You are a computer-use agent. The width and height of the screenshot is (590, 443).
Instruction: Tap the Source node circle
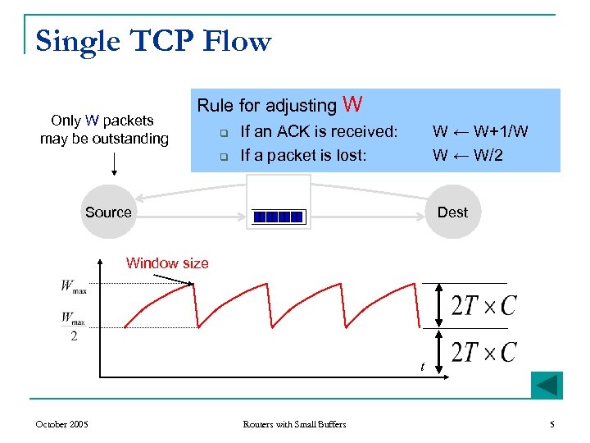[x=108, y=212]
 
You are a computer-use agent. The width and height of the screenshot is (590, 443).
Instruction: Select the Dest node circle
[x=452, y=212]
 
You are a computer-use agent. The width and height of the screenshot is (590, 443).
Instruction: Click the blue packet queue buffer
[x=279, y=217]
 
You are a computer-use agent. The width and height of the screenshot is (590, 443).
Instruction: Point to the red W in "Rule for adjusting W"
[x=352, y=104]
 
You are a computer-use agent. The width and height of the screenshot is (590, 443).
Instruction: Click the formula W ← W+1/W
[x=480, y=131]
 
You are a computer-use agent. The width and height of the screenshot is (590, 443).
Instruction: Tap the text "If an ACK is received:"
[x=319, y=131]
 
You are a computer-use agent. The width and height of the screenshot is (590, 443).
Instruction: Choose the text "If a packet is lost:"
[x=303, y=154]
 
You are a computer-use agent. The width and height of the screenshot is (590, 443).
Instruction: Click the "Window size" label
[x=167, y=263]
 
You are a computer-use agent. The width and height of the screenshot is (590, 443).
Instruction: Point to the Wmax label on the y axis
[x=74, y=286]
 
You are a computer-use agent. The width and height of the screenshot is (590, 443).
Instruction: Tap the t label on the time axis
[x=422, y=367]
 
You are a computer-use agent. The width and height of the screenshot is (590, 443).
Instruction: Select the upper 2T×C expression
[x=483, y=305]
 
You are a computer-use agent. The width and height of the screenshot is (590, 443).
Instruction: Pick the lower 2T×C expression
[x=483, y=352]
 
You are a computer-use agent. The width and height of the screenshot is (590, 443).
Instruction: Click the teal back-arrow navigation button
[x=547, y=386]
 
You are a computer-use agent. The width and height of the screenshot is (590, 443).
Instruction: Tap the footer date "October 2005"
[x=62, y=424]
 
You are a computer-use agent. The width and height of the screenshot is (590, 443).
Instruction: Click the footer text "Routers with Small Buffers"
[x=295, y=424]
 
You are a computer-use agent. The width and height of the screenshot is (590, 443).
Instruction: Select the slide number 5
[x=552, y=424]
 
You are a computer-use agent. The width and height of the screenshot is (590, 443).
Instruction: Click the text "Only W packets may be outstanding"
[x=104, y=130]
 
